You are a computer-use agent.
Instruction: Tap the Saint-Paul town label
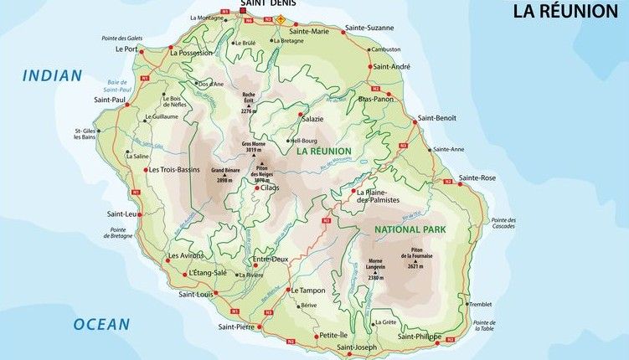click(x=109, y=100)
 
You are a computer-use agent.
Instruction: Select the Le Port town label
click(x=126, y=49)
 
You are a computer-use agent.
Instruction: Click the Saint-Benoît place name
click(x=437, y=118)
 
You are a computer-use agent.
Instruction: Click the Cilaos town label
click(x=270, y=188)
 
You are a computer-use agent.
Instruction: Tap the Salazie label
click(x=312, y=119)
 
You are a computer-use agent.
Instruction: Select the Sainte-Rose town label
click(x=477, y=177)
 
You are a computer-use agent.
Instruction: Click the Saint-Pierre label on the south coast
click(x=237, y=326)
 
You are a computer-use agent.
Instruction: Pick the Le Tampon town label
click(x=309, y=290)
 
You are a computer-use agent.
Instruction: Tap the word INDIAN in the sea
click(x=52, y=75)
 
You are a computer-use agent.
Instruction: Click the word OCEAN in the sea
click(x=101, y=324)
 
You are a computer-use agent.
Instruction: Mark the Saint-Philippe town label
click(x=418, y=337)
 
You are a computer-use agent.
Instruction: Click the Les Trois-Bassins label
click(x=175, y=169)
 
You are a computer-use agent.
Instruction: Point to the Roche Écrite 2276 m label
click(x=247, y=101)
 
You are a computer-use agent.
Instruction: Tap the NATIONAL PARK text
click(x=410, y=229)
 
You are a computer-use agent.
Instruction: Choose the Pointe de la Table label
click(x=484, y=326)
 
